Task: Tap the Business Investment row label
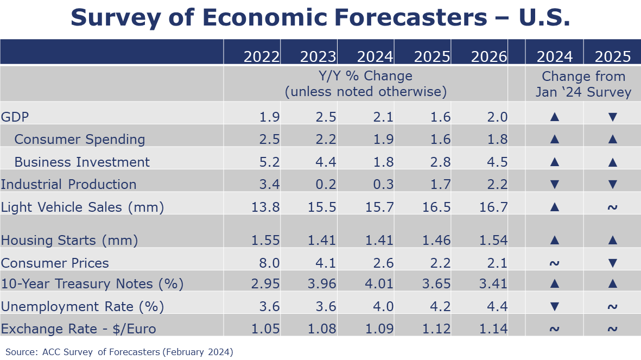click(x=82, y=162)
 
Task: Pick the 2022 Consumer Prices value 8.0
click(x=269, y=263)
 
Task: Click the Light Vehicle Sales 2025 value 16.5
click(x=433, y=207)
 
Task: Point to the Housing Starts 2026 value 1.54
click(x=490, y=241)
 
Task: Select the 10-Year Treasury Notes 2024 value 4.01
click(x=376, y=283)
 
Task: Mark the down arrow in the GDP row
click(x=612, y=117)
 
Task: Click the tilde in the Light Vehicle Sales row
click(x=612, y=207)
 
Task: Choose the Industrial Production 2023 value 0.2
click(x=325, y=185)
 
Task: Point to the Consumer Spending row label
click(x=80, y=140)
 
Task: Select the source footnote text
click(x=119, y=352)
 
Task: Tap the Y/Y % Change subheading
click(x=365, y=76)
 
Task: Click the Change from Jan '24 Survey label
click(x=583, y=84)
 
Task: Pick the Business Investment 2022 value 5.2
click(x=269, y=162)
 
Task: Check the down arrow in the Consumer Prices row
click(x=612, y=263)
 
